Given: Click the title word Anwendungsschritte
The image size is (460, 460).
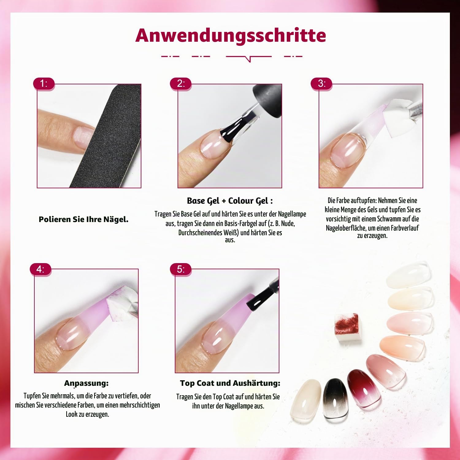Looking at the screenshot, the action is [231, 35].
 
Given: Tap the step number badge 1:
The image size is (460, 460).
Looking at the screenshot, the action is [44, 83].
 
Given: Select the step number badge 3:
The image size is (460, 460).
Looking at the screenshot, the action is [321, 83].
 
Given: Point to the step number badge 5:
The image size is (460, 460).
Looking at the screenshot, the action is [181, 269].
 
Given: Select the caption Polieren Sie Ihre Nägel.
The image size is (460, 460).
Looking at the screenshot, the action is [83, 219].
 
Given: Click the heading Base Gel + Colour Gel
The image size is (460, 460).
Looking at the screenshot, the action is [230, 201].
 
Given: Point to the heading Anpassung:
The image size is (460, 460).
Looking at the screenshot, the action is [86, 383].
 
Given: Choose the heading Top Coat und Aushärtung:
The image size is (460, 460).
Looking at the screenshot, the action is [230, 383].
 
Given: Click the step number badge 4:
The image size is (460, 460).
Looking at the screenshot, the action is [40, 269].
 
